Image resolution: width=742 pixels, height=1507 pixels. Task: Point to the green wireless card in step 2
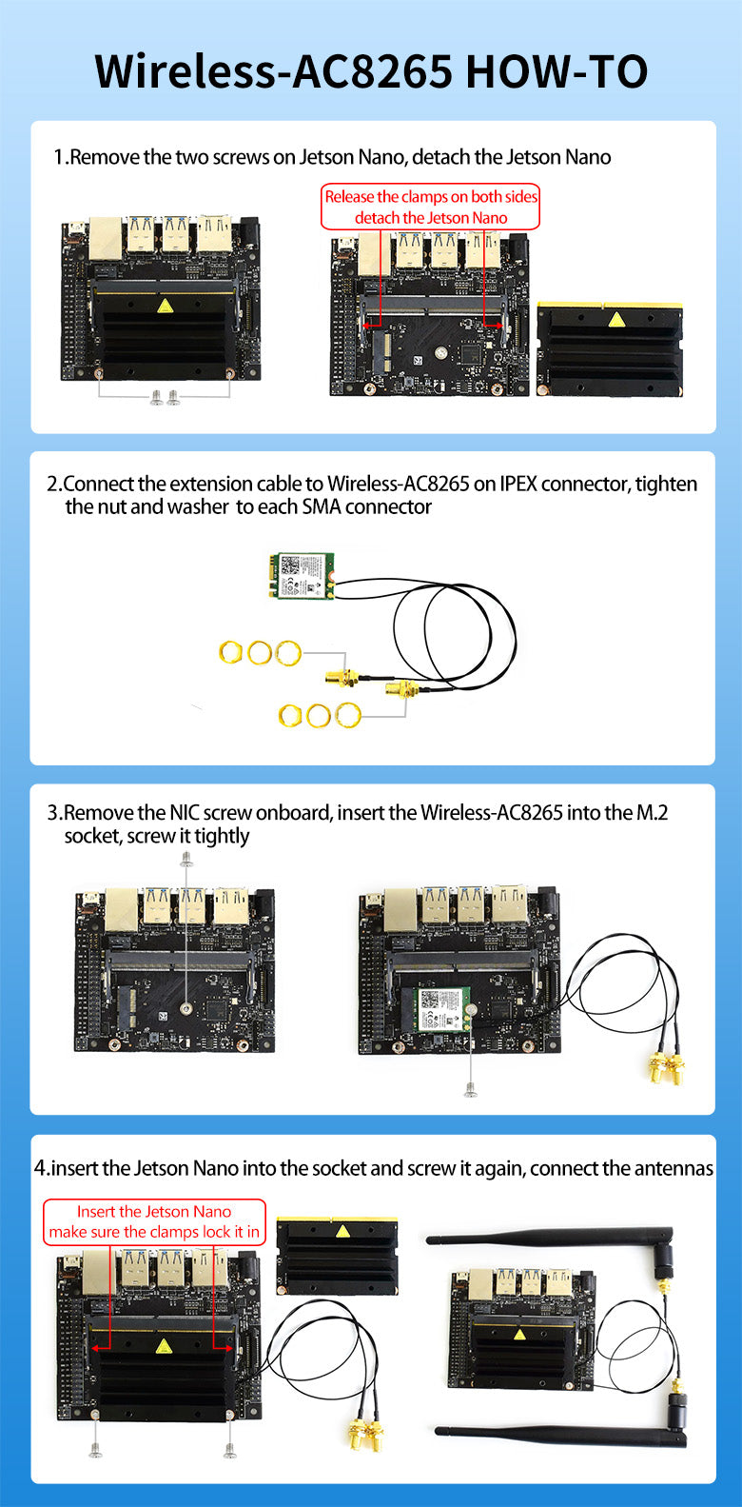click(x=301, y=577)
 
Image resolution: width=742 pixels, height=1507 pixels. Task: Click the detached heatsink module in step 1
click(x=610, y=349)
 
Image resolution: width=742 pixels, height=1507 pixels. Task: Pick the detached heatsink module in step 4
click(x=337, y=1256)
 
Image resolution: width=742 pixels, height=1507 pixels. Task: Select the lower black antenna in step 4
click(x=552, y=1433)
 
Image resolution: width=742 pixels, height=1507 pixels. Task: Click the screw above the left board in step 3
click(x=186, y=858)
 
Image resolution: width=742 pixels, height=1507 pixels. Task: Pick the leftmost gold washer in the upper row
click(x=230, y=652)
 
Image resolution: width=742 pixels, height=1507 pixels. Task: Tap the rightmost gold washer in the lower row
click(x=348, y=714)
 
